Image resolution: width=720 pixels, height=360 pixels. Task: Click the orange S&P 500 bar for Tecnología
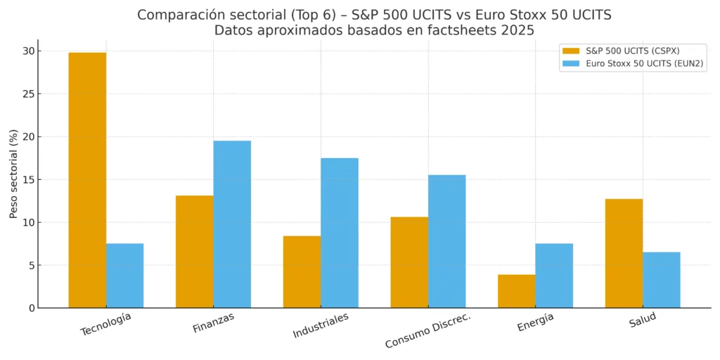(x=87, y=180)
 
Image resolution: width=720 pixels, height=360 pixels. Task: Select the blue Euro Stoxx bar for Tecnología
(x=125, y=276)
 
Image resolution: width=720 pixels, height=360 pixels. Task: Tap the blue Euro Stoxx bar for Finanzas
(x=232, y=224)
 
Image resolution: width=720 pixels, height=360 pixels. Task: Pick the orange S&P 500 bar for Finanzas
(x=195, y=252)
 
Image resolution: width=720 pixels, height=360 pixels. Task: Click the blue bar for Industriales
(x=340, y=233)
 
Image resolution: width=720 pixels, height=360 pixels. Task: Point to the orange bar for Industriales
(x=302, y=272)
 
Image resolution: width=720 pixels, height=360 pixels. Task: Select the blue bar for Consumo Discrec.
(x=447, y=241)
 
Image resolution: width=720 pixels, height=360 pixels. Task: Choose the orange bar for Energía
(x=517, y=291)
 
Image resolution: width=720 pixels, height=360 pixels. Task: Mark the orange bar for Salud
(x=624, y=253)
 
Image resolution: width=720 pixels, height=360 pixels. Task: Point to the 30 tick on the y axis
(x=27, y=51)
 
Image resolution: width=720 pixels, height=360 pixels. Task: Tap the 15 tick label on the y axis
(x=27, y=179)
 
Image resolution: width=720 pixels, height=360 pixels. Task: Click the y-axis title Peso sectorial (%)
(x=13, y=174)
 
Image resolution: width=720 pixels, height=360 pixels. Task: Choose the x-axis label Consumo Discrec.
(x=427, y=330)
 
